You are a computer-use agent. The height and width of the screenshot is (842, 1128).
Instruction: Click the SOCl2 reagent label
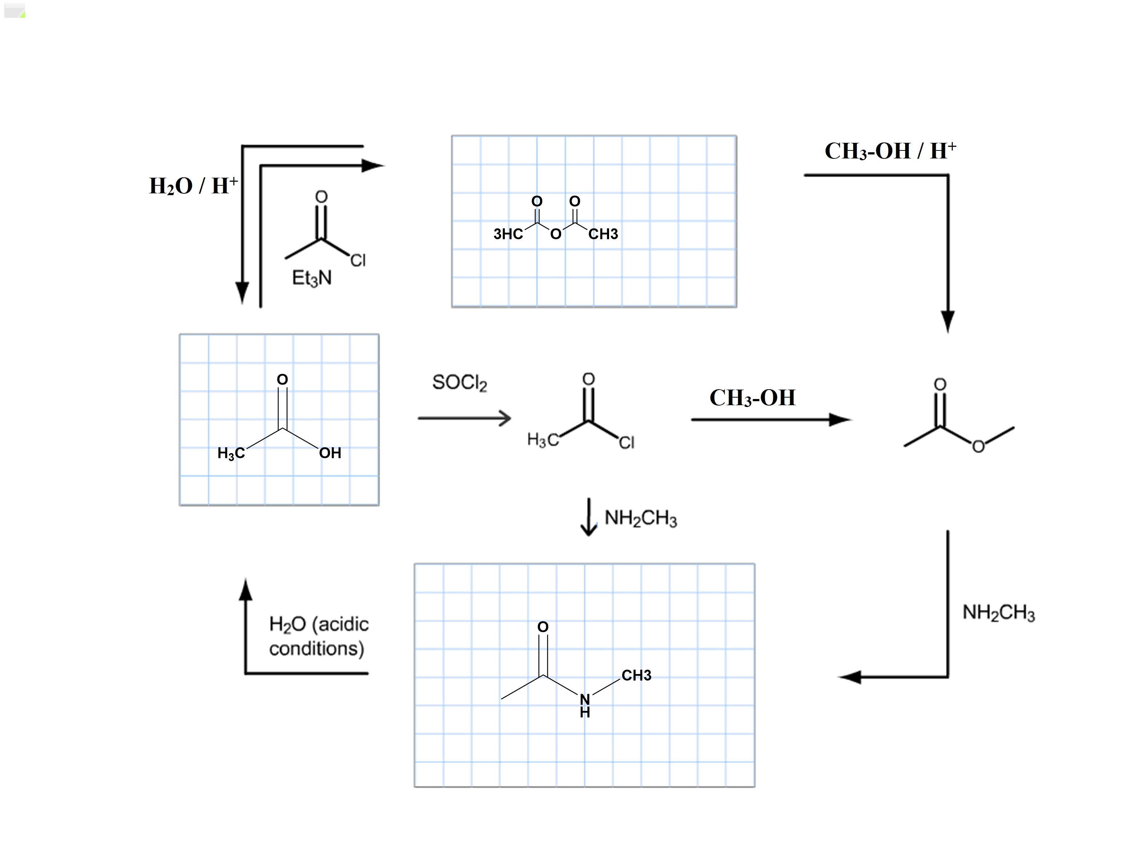click(459, 383)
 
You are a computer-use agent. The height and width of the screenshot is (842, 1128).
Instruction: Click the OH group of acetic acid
click(330, 452)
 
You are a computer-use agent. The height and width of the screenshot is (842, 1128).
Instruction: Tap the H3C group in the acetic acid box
click(231, 453)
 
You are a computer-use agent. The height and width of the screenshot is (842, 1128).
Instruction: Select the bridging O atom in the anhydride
click(556, 234)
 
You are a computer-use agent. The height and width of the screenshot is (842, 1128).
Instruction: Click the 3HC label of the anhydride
click(508, 234)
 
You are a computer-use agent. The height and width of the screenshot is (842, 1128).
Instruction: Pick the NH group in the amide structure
click(585, 705)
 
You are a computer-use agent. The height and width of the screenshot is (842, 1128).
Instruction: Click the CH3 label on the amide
click(636, 675)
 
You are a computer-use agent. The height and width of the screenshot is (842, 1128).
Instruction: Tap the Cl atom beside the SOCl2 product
click(627, 442)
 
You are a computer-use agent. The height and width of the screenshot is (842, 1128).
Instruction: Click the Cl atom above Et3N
click(358, 261)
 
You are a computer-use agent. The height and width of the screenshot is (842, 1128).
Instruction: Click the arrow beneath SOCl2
click(464, 418)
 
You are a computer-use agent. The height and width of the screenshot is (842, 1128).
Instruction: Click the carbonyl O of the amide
click(543, 627)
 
